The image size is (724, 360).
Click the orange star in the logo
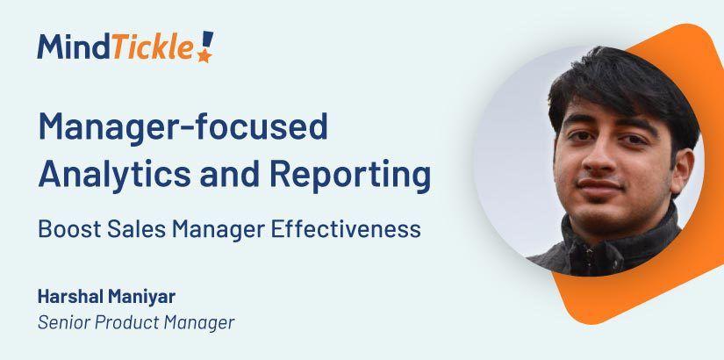click(204, 56)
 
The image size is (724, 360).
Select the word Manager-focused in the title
click(183, 127)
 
